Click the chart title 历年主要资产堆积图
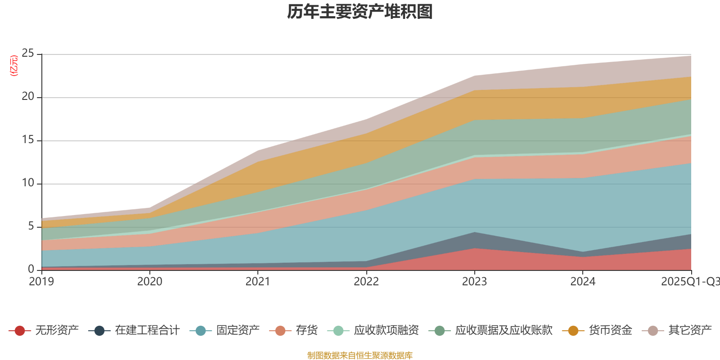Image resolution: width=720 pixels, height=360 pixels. point(360,12)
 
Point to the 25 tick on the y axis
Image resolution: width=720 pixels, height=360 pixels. point(28,54)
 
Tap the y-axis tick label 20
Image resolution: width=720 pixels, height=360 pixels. point(28,97)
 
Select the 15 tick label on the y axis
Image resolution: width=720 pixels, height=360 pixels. point(28,140)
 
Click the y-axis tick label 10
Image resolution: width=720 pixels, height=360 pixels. point(28,183)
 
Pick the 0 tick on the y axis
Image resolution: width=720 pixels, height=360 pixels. point(31,269)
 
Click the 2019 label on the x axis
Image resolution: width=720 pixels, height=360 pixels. point(41,282)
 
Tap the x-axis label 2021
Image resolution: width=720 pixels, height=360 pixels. point(258,282)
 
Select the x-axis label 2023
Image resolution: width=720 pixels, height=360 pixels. point(474,282)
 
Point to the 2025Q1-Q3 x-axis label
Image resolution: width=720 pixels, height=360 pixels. point(689,282)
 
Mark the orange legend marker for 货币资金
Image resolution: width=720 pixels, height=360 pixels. point(573,331)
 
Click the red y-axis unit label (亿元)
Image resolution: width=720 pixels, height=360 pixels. point(14,66)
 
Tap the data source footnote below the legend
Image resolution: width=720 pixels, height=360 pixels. point(360,355)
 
